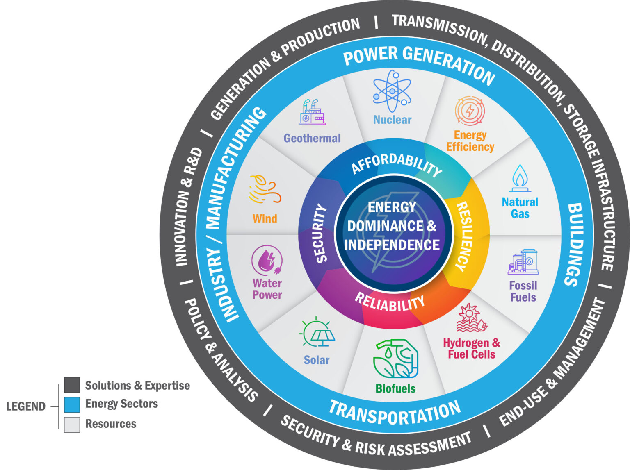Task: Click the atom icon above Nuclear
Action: coord(392,91)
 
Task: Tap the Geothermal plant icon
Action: coord(312,113)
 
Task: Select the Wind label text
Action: coord(265,218)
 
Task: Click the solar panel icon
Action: coord(317,333)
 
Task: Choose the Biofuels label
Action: coord(395,388)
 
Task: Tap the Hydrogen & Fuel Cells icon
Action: coord(471,318)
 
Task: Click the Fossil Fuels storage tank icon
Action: coord(523,262)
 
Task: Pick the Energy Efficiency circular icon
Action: coord(470,111)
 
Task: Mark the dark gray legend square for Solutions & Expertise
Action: coord(72,385)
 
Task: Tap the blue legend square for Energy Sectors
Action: coord(72,404)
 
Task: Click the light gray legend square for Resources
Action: coord(72,424)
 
